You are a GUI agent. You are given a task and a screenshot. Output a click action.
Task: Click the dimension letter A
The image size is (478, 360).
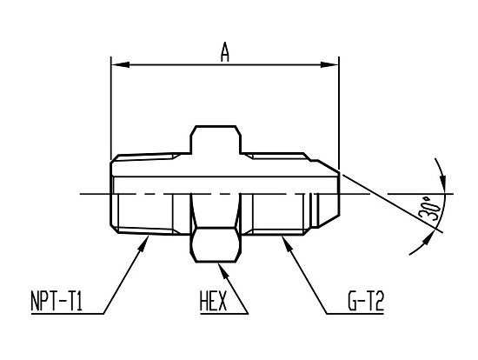point(225,52)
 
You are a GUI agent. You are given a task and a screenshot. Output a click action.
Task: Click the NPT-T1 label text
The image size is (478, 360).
point(56,301)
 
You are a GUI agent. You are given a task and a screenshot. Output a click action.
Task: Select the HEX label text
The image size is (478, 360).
point(214,301)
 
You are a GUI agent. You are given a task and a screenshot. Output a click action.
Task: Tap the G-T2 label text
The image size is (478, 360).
point(366,301)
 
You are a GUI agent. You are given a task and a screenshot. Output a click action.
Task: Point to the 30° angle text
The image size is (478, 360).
point(430,209)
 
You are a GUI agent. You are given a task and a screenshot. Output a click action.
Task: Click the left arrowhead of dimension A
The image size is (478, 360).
point(120,64)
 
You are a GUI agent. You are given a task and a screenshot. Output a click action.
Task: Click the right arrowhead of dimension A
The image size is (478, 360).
point(329,64)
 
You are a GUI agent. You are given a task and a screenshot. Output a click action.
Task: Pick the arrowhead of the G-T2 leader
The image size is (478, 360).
point(287,243)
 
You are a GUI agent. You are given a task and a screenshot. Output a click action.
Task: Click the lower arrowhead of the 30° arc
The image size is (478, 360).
point(428,238)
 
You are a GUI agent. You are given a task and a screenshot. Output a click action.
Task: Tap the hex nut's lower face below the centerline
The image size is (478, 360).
point(216,244)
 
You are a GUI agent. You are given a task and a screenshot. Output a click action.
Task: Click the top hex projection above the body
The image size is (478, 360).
point(216,139)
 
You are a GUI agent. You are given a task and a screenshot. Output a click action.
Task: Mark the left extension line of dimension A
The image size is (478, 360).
point(111,109)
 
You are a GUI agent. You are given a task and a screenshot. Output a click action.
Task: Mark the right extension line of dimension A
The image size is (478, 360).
point(339,113)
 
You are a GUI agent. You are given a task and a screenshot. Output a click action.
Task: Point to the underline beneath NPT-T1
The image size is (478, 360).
point(67,313)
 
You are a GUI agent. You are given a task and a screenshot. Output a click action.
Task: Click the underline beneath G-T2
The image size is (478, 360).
point(355,313)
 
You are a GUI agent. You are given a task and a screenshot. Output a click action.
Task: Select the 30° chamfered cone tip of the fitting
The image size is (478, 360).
point(329,193)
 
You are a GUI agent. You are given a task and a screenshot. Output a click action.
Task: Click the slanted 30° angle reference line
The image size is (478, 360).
point(391,202)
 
